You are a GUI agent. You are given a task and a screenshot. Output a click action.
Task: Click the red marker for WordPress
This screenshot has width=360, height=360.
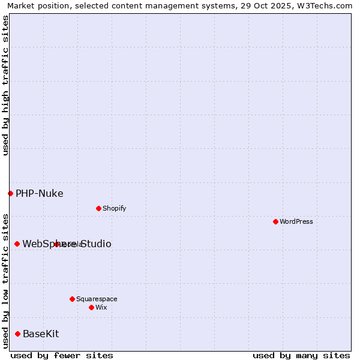(x=275, y=221)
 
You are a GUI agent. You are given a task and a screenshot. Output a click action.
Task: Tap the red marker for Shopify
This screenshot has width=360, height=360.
(x=98, y=208)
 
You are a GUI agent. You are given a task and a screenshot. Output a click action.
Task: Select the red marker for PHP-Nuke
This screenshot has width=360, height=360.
(x=10, y=193)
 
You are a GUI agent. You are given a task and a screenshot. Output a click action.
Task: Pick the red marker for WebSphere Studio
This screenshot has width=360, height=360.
(x=17, y=244)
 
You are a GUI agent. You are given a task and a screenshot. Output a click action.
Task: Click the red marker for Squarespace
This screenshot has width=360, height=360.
(x=72, y=299)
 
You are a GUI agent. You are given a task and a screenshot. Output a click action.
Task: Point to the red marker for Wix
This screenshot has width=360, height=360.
(x=91, y=307)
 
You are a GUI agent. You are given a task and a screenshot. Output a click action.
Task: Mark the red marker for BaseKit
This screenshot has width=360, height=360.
(x=17, y=334)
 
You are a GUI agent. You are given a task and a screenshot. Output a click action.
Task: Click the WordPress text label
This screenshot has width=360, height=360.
(x=296, y=221)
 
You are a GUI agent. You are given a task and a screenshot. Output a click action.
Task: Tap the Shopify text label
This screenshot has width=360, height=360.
(x=114, y=208)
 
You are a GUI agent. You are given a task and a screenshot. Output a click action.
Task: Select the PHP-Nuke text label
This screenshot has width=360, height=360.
(x=39, y=193)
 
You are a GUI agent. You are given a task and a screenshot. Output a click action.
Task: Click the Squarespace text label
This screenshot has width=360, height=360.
(x=97, y=299)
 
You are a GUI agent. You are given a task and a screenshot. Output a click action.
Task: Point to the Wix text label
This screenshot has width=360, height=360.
(x=101, y=307)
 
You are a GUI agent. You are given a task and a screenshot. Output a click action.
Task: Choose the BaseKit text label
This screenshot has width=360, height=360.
(x=41, y=334)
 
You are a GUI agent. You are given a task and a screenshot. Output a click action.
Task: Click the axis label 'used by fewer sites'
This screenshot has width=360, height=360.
(x=62, y=355)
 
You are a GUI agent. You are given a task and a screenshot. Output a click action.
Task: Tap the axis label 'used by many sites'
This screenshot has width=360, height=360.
(x=301, y=355)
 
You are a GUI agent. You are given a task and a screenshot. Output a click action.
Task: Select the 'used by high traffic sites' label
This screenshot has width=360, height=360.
(x=5, y=85)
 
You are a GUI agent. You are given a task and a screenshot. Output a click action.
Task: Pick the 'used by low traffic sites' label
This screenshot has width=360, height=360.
(x=5, y=280)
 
